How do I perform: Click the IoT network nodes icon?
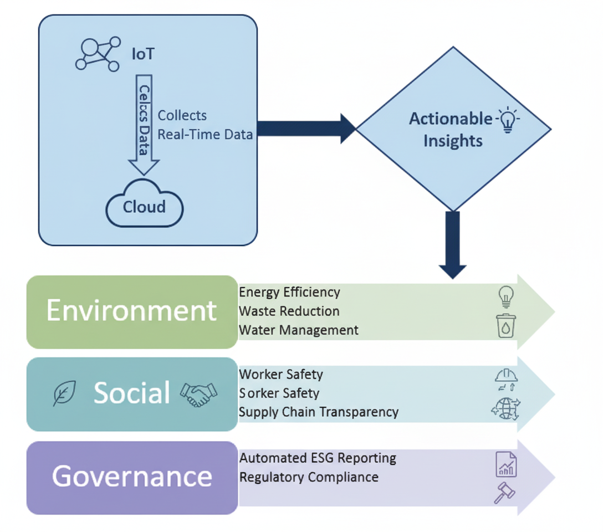[x=98, y=54]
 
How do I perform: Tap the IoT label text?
[x=143, y=54]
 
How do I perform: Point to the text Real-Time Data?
[x=205, y=134]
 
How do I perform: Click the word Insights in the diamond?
[x=453, y=141]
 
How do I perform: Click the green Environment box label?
[x=131, y=310]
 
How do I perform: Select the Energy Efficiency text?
[x=289, y=292]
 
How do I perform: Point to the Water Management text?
[x=299, y=330]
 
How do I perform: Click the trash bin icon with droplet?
[x=506, y=326]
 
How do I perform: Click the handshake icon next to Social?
[x=198, y=394]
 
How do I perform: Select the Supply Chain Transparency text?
[x=319, y=412]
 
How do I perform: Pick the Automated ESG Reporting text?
[x=318, y=458]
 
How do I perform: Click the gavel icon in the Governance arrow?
[x=504, y=493]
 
